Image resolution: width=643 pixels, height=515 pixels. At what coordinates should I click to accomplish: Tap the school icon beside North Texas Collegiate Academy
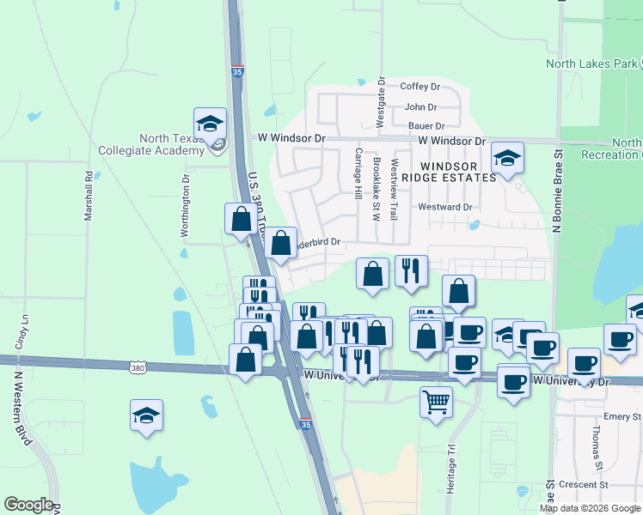tap(210, 125)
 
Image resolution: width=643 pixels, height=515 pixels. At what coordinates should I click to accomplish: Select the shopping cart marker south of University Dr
tap(436, 401)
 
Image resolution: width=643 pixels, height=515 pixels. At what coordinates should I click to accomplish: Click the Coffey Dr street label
tap(420, 87)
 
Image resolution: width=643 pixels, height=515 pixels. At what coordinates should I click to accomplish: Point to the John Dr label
tap(420, 107)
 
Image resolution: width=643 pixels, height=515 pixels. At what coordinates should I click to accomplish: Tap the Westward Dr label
tap(444, 207)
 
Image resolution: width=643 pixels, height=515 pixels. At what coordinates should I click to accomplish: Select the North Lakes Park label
tap(592, 64)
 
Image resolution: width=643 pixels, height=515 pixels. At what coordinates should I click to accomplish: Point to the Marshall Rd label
tap(89, 197)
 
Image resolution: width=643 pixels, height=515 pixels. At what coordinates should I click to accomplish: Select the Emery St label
tap(616, 416)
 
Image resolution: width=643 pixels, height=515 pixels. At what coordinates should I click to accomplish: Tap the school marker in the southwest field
tap(147, 416)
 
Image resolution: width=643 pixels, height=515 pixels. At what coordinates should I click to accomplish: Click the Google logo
tap(28, 506)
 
